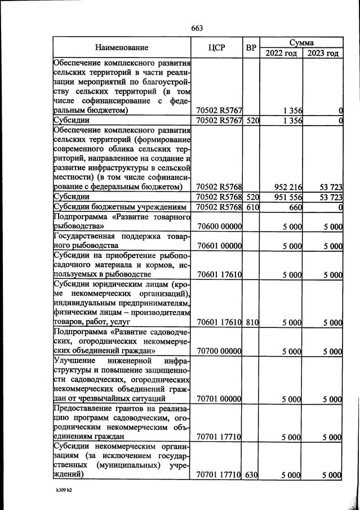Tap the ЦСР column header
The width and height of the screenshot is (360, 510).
click(x=216, y=48)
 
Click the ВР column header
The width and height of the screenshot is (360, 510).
click(x=251, y=48)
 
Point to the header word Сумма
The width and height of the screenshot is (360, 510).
click(x=301, y=42)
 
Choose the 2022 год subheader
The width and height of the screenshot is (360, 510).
click(x=280, y=54)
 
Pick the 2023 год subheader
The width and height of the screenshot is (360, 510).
click(x=323, y=54)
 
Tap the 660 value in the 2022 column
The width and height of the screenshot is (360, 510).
click(x=293, y=207)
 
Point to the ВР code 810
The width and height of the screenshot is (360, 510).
click(x=251, y=322)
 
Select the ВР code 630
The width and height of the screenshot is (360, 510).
click(x=251, y=475)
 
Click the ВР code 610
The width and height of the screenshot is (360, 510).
click(x=251, y=207)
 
